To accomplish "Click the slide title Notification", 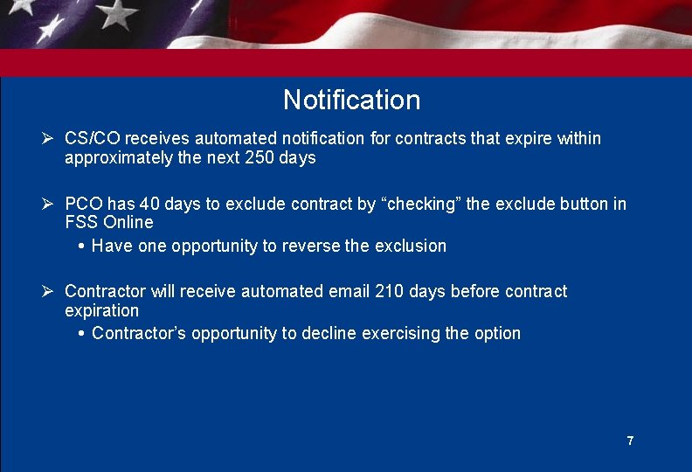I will tap(351, 100).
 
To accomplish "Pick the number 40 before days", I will tap(149, 204).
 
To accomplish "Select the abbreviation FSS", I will tap(81, 222).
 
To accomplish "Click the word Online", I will tap(128, 222).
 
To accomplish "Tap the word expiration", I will tap(101, 310).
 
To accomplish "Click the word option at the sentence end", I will tap(497, 333).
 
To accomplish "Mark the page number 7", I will tap(630, 441).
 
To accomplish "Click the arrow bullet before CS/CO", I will tap(49, 139).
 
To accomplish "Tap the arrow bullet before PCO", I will tap(49, 204).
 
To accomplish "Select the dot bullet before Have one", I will tap(81, 246).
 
